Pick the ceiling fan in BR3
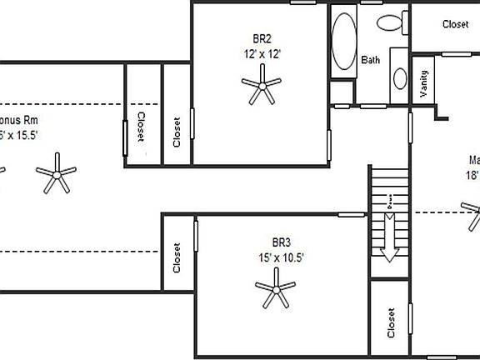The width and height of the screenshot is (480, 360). click(x=275, y=292)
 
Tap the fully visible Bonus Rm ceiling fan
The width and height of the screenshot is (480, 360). click(x=57, y=173)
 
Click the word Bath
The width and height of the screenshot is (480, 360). click(x=370, y=60)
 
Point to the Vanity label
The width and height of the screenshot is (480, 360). click(x=423, y=84)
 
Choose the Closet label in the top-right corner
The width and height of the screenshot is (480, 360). click(x=455, y=25)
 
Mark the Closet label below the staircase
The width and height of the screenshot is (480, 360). click(x=391, y=323)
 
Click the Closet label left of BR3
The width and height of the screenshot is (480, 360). click(x=177, y=258)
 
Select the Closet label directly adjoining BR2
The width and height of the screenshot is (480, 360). click(x=177, y=132)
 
